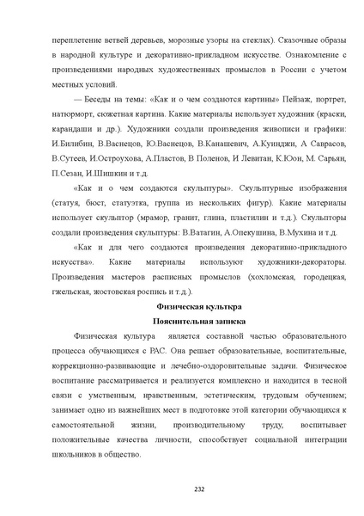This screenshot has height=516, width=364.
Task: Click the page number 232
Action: pos(181,488)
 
